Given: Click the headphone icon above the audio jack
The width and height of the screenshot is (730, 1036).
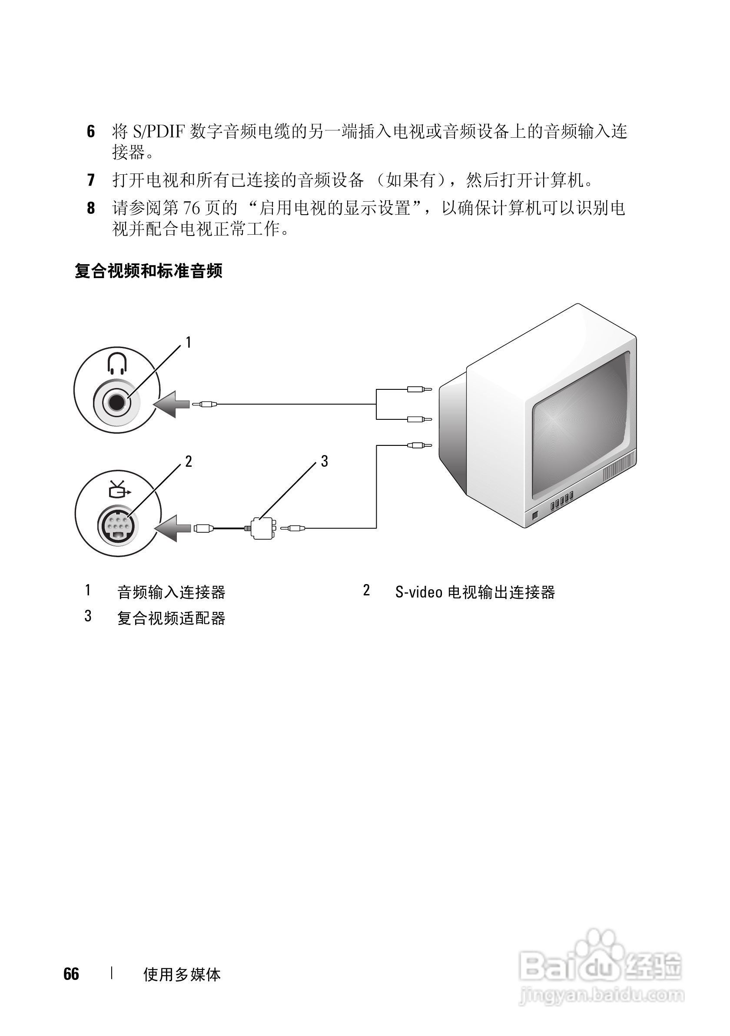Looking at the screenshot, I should pyautogui.click(x=117, y=363).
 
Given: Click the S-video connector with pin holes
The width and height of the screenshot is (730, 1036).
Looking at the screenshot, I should pyautogui.click(x=118, y=525).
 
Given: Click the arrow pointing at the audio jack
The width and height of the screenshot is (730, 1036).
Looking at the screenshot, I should pyautogui.click(x=172, y=404).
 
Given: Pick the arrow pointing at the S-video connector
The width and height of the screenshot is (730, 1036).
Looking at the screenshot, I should pyautogui.click(x=173, y=528).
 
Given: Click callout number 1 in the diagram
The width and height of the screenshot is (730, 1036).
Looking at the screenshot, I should pyautogui.click(x=188, y=342).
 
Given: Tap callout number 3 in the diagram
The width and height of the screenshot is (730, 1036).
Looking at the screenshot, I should pyautogui.click(x=324, y=461).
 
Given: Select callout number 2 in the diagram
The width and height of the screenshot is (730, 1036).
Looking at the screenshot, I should pyautogui.click(x=188, y=461).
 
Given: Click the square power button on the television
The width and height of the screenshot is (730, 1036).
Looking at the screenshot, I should pyautogui.click(x=535, y=515).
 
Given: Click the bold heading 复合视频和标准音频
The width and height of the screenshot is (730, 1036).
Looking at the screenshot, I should pyautogui.click(x=149, y=271).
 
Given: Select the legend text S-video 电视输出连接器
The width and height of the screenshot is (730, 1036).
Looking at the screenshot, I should pyautogui.click(x=474, y=592).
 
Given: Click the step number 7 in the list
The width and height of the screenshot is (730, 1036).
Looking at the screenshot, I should pyautogui.click(x=91, y=180).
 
